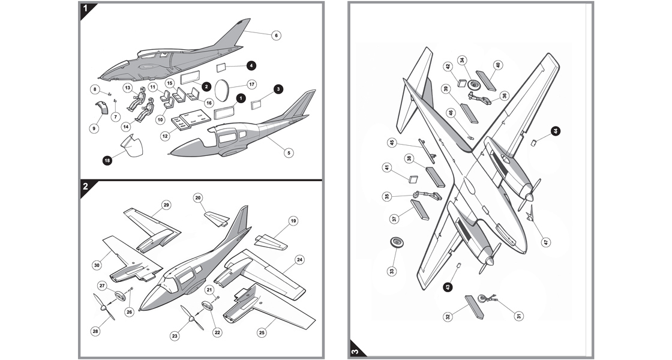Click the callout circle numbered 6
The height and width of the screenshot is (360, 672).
coord(276,35)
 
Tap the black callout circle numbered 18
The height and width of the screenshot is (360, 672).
coord(107,160)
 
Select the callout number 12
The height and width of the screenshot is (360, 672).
coord(164,136)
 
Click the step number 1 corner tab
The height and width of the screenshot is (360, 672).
coord(86,8)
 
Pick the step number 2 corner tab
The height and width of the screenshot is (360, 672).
coord(86,187)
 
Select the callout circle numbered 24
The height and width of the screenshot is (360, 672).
coord(299,260)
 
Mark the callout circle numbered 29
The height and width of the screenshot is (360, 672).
coord(166,205)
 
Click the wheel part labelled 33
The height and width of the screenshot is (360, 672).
coord(396,242)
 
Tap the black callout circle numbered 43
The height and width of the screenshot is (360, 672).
coord(448,287)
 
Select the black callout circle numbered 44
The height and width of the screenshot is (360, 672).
coord(556,130)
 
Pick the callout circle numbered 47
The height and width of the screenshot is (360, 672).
coord(546,242)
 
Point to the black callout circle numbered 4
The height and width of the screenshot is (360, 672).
coord(251,65)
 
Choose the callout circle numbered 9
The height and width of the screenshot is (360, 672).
coord(94,128)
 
